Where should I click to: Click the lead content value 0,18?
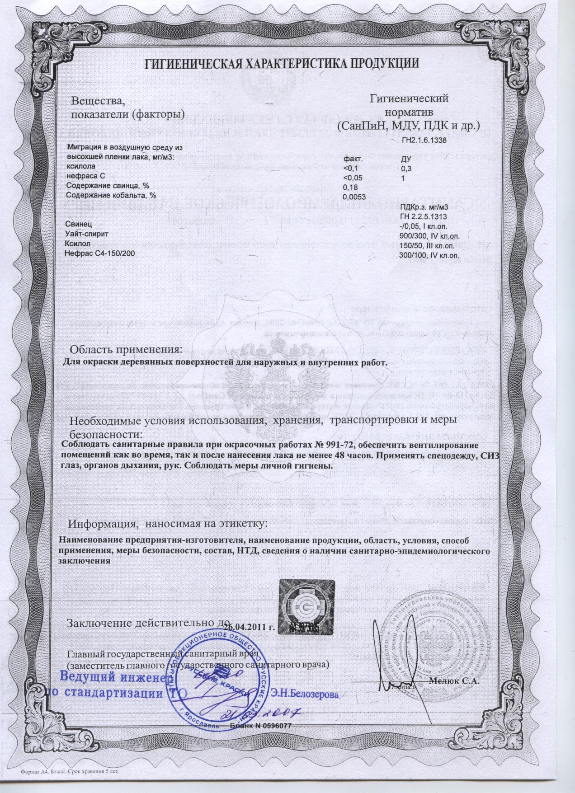(x=350, y=187)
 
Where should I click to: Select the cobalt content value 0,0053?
(x=354, y=196)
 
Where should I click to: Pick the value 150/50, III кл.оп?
(x=430, y=246)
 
